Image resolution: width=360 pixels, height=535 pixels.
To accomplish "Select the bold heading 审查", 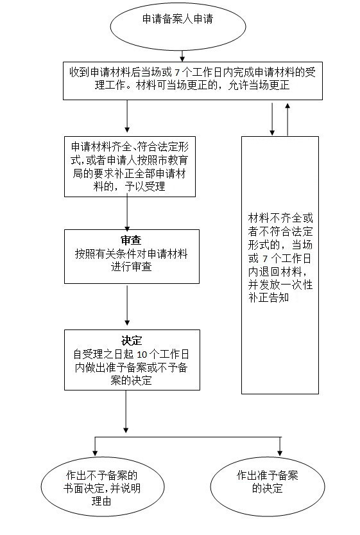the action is click(131, 240).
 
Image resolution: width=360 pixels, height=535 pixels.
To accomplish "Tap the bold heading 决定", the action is click(132, 340).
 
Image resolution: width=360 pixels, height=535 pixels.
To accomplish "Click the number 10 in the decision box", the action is click(142, 355).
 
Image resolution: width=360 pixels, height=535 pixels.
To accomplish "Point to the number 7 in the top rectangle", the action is click(177, 73).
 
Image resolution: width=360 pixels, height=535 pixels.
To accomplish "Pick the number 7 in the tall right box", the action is click(265, 259).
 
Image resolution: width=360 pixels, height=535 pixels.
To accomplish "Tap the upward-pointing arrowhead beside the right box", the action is click(287, 105).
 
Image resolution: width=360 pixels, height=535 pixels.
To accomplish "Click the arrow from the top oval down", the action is click(182, 57).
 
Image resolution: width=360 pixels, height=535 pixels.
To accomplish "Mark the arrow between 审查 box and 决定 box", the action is click(127, 305).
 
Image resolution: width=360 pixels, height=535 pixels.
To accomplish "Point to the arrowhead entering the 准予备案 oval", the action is click(280, 453).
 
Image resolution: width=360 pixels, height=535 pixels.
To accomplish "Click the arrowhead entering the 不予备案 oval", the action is click(95, 453).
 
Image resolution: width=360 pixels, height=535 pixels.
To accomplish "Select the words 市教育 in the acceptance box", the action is click(173, 161).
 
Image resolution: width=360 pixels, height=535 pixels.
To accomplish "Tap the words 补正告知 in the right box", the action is click(269, 298).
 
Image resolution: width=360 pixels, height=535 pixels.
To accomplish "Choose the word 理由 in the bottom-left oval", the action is click(101, 501).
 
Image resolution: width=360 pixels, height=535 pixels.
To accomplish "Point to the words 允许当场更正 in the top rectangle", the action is click(259, 85).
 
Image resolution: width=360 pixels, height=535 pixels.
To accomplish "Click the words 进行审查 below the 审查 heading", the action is click(132, 267).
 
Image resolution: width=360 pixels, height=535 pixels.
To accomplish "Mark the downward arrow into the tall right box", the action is click(272, 119).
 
